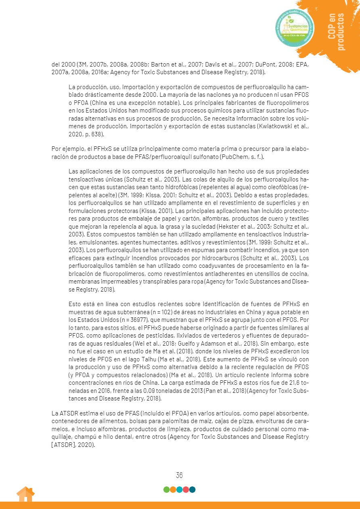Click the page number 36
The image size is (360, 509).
pyautogui.click(x=180, y=475)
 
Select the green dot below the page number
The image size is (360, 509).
pyautogui.click(x=166, y=490)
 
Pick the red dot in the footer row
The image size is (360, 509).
pyautogui.click(x=186, y=490)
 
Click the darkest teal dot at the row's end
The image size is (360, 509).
pyautogui.click(x=192, y=490)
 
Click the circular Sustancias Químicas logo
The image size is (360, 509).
pyautogui.click(x=294, y=27)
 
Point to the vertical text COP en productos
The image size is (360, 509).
pyautogui.click(x=336, y=32)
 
